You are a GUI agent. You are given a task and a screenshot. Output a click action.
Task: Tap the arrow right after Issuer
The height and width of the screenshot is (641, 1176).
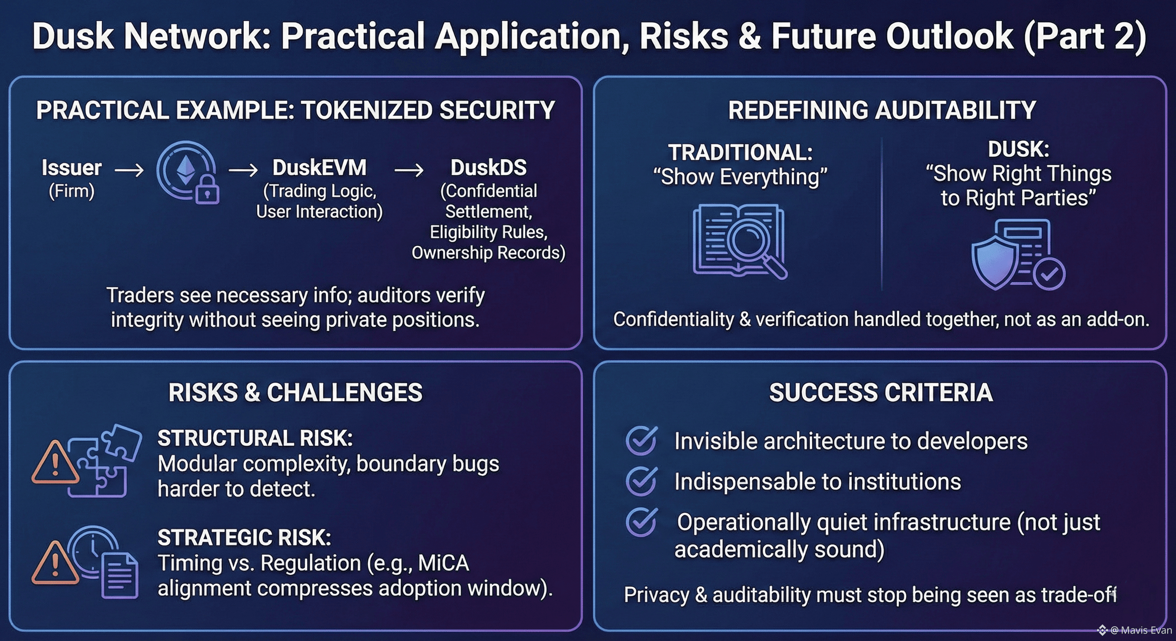tap(129, 170)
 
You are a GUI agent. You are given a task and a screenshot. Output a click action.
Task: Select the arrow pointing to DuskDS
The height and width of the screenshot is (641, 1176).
tap(408, 170)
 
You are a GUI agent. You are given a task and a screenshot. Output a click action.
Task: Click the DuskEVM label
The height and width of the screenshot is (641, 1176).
tap(319, 167)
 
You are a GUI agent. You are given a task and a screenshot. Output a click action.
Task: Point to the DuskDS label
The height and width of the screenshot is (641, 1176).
tap(489, 167)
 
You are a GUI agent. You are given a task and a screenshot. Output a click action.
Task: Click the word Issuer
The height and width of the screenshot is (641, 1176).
tap(72, 167)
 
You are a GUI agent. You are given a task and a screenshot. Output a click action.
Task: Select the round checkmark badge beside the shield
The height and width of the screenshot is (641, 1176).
tap(1049, 274)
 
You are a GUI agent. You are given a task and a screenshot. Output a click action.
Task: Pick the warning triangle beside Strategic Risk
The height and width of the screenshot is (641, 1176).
tap(55, 563)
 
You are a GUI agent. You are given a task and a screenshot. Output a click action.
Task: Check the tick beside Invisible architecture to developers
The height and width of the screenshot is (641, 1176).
tap(642, 440)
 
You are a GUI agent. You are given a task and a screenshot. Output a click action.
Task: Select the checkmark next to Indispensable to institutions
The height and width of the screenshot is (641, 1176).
tap(642, 481)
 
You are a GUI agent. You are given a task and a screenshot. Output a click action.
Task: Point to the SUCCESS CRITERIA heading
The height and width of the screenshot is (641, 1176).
tap(881, 392)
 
